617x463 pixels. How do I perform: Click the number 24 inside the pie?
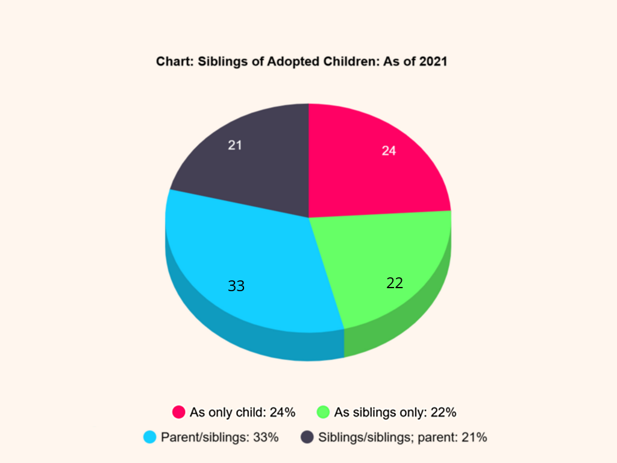pyautogui.click(x=389, y=151)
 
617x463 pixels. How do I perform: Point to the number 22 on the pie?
pyautogui.click(x=395, y=283)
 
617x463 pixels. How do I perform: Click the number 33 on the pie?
pyautogui.click(x=236, y=286)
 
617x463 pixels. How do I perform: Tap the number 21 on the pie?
pyautogui.click(x=235, y=145)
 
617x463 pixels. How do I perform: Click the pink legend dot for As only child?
pyautogui.click(x=178, y=412)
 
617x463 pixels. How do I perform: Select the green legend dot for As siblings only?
pyautogui.click(x=323, y=412)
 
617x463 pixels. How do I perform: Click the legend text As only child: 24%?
pyautogui.click(x=242, y=412)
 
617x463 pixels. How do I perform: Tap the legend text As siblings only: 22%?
pyautogui.click(x=395, y=412)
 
